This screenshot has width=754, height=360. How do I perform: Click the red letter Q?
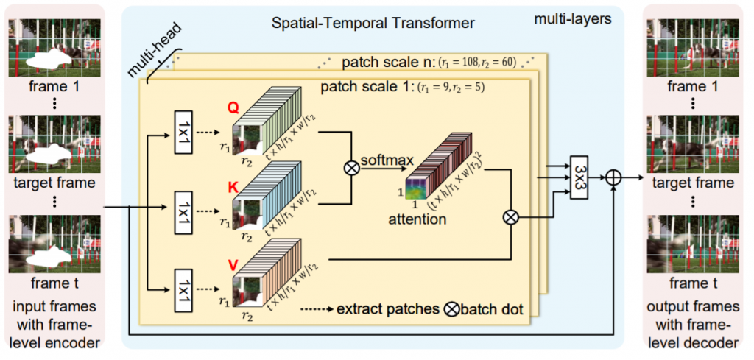[233, 108]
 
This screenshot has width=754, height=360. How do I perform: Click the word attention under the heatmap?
[418, 219]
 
